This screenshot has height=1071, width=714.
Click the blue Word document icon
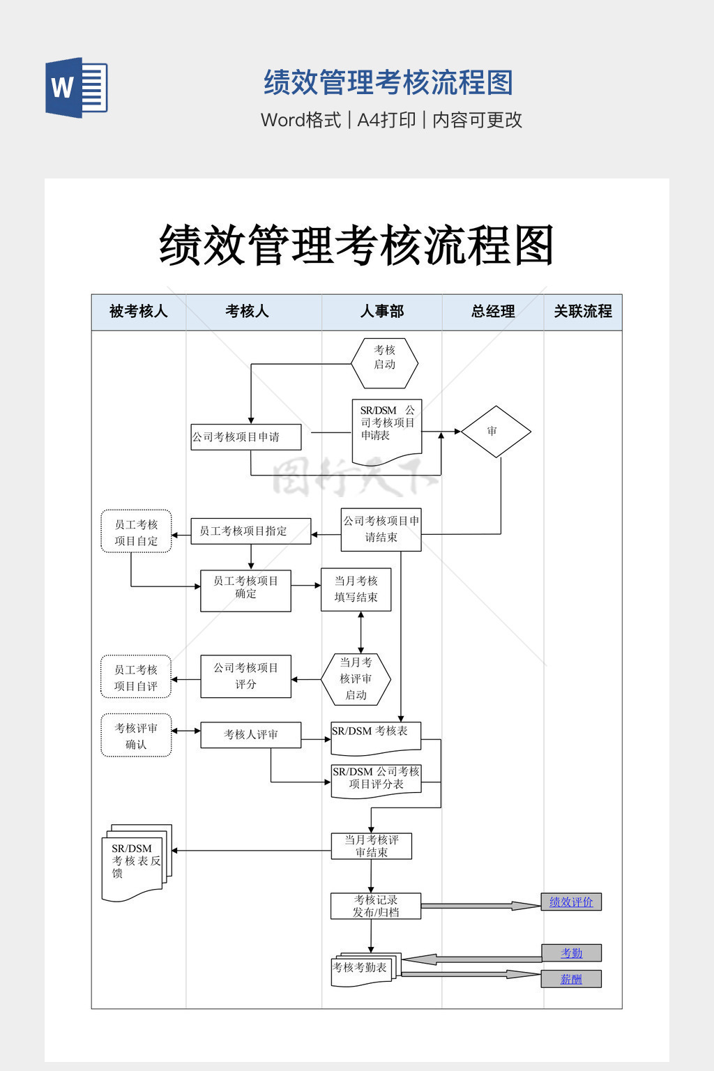coord(77,87)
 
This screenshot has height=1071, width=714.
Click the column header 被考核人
coord(138,312)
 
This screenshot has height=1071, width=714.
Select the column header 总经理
coord(493,312)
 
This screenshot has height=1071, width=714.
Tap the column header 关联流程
coord(583,312)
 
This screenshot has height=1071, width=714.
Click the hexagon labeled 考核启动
coord(384,363)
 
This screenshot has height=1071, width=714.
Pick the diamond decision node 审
coord(496,432)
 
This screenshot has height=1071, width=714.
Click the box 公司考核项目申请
coord(246,437)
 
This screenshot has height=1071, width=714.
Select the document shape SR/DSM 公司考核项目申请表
coord(387,430)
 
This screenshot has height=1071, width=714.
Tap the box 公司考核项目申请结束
coord(381,530)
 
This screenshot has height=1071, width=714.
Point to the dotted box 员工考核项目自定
coord(136,531)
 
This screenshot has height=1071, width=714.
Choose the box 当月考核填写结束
coord(356,589)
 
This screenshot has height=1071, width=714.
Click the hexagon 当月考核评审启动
coord(356,678)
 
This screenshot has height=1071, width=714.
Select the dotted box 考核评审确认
coord(136,735)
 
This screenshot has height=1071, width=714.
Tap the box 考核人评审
coord(251,735)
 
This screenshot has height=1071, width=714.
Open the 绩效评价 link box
coord(571,902)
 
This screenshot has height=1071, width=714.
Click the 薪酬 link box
coord(571,979)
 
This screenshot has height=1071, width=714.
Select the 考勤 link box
coord(571,953)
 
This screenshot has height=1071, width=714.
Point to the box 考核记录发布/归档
coord(376,906)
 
